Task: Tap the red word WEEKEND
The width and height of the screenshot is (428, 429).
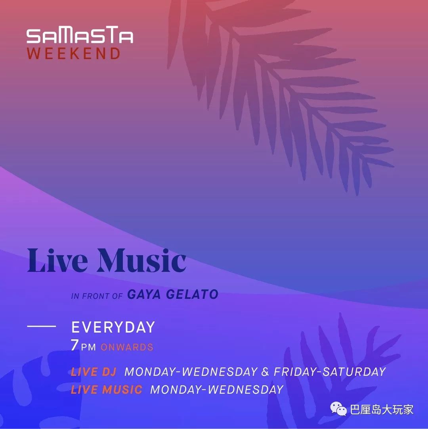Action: point(74,54)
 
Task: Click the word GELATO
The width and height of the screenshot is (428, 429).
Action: point(192,294)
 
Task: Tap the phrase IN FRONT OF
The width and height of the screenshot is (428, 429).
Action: point(97,296)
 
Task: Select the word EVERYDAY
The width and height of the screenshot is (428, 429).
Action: point(113,327)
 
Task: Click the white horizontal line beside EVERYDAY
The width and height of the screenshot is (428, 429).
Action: point(42,326)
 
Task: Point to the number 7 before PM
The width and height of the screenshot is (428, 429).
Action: point(74,345)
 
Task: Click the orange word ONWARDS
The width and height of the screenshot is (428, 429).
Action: point(127,347)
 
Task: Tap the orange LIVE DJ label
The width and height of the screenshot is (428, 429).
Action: point(94,372)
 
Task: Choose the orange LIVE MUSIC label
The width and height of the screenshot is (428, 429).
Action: point(107,390)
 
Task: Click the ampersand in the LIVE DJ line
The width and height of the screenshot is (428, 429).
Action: point(265,372)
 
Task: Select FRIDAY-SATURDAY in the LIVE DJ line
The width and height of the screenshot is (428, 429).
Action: point(330,372)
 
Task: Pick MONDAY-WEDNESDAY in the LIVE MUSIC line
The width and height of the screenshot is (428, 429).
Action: point(217,390)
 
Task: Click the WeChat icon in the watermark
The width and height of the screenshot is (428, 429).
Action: point(338,409)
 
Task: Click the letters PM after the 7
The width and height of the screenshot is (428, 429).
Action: point(88,347)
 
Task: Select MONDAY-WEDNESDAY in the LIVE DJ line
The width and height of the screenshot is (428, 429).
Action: point(191,372)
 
